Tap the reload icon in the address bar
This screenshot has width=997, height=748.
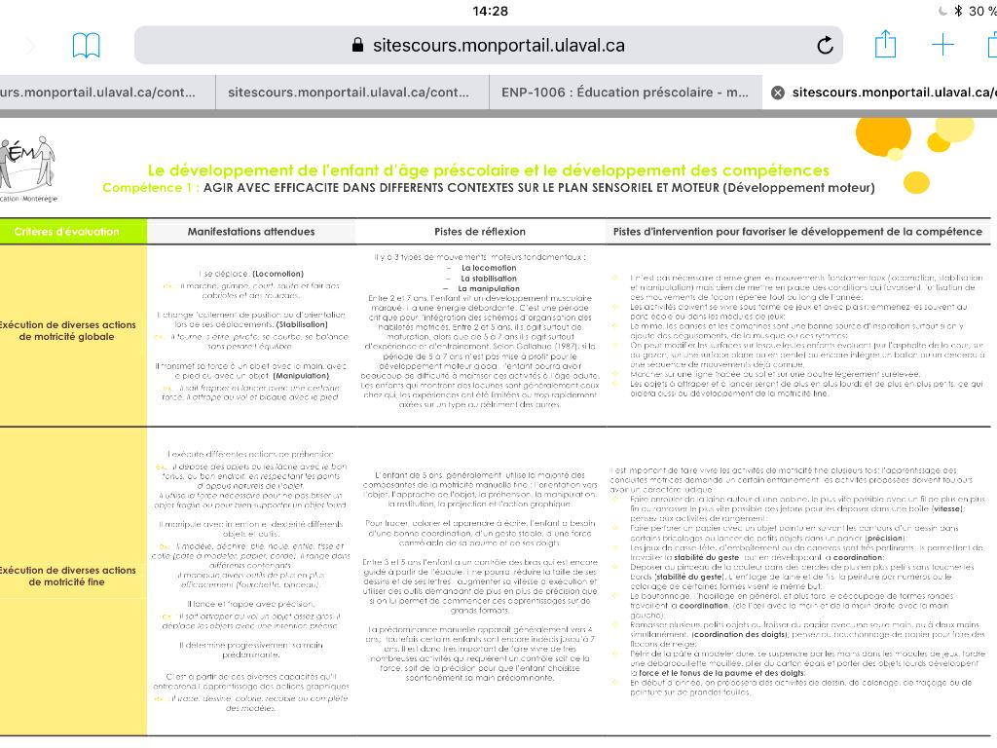click(825, 45)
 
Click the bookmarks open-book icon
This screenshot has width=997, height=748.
click(87, 45)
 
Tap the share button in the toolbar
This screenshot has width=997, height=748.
click(885, 44)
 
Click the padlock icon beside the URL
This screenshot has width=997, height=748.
click(357, 45)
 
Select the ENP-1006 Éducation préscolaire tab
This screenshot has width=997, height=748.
click(624, 93)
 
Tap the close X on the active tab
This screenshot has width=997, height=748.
click(777, 93)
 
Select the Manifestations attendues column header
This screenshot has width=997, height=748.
click(251, 232)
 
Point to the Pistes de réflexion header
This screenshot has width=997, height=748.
click(480, 232)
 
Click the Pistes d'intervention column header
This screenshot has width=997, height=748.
click(797, 232)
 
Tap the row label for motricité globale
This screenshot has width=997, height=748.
click(67, 330)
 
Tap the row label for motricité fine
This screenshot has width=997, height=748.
click(67, 576)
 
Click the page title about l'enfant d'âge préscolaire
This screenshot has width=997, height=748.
click(488, 170)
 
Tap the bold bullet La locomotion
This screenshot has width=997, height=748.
click(489, 268)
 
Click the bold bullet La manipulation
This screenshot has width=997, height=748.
click(490, 288)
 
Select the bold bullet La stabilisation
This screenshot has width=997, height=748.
click(490, 279)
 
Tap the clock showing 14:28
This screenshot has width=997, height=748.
click(490, 11)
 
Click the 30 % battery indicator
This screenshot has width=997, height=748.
click(981, 11)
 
